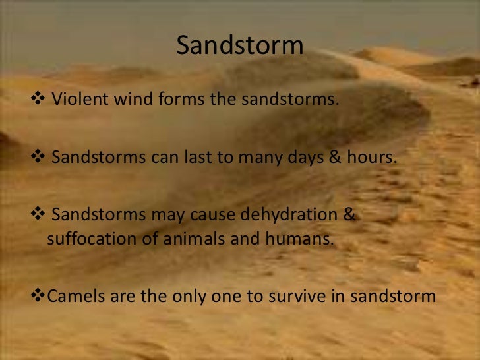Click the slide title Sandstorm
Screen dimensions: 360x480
pyautogui.click(x=240, y=47)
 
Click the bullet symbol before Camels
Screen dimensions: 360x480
pyautogui.click(x=36, y=295)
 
